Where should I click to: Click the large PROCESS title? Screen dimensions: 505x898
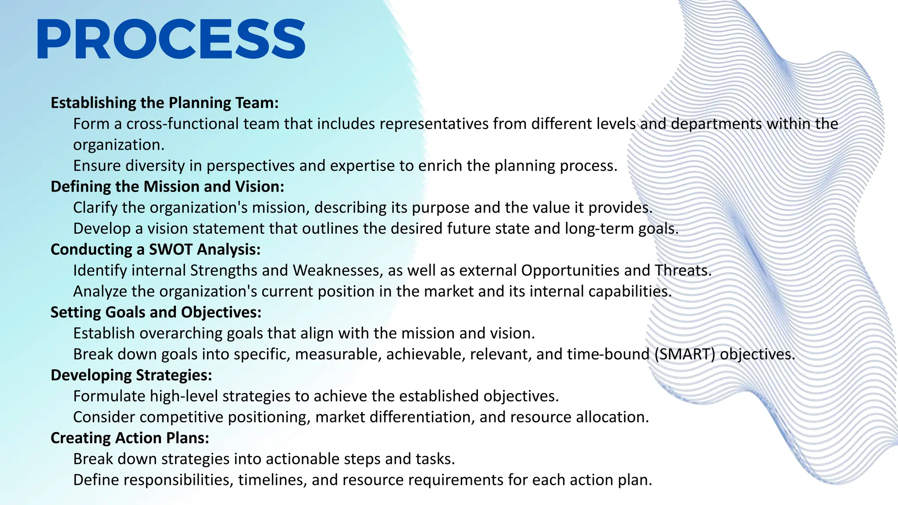[x=171, y=39]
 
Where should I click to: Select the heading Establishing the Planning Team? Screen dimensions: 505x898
[x=164, y=103]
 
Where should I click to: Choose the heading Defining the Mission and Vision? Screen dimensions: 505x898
[x=167, y=187]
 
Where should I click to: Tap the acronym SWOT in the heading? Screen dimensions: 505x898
[x=171, y=249]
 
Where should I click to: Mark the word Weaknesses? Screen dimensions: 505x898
[x=336, y=270]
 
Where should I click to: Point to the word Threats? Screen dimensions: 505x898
[x=683, y=270]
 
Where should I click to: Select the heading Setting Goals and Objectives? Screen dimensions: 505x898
[x=156, y=312]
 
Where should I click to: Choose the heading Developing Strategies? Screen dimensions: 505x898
[x=131, y=375]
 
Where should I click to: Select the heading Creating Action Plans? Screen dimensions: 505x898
[x=130, y=438]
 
